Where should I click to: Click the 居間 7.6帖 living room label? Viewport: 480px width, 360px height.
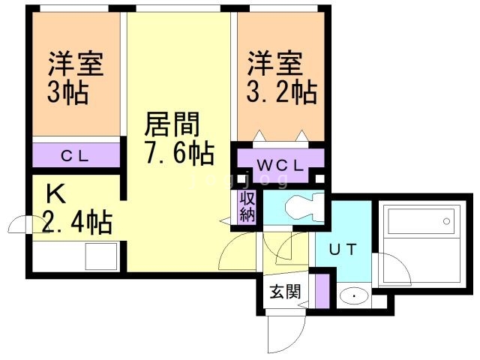pyautogui.click(x=178, y=138)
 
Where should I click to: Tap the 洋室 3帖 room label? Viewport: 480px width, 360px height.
pyautogui.click(x=76, y=77)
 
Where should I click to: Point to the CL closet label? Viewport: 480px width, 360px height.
pyautogui.click(x=76, y=156)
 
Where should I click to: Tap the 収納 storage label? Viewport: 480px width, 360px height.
pyautogui.click(x=247, y=205)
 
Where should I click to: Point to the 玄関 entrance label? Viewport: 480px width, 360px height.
pyautogui.click(x=285, y=291)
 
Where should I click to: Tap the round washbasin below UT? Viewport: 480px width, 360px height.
pyautogui.click(x=351, y=296)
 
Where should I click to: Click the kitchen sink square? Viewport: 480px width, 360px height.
pyautogui.click(x=100, y=256)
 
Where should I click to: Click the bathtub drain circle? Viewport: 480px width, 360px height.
pyautogui.click(x=446, y=221)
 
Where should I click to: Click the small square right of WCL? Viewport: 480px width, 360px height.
pyautogui.click(x=320, y=179)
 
